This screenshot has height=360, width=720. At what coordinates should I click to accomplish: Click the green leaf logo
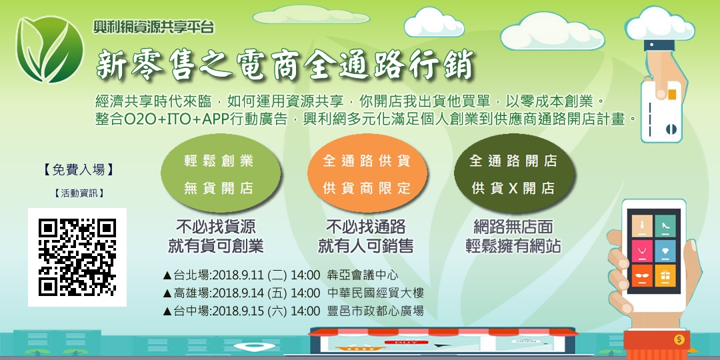tap(51, 49)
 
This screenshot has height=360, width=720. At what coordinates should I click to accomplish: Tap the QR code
tap(77, 257)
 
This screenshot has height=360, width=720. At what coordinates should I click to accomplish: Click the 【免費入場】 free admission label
tap(78, 169)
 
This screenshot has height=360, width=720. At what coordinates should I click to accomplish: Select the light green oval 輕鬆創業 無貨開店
tap(219, 174)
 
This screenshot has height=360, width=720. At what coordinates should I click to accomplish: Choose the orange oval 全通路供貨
tap(367, 174)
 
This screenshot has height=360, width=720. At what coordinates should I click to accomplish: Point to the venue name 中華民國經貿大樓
tap(376, 293)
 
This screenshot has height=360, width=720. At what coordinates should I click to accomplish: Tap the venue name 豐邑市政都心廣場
tap(376, 311)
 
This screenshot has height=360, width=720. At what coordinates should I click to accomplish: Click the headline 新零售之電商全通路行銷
tap(285, 65)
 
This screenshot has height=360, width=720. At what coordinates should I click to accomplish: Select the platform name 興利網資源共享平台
tap(154, 28)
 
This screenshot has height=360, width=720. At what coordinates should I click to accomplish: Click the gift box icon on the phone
tap(665, 275)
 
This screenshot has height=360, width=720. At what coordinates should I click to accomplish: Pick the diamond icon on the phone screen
tap(665, 250)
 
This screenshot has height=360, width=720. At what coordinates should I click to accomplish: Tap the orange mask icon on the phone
tap(641, 275)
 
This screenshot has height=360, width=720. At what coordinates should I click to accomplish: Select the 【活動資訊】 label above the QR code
tap(78, 194)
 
